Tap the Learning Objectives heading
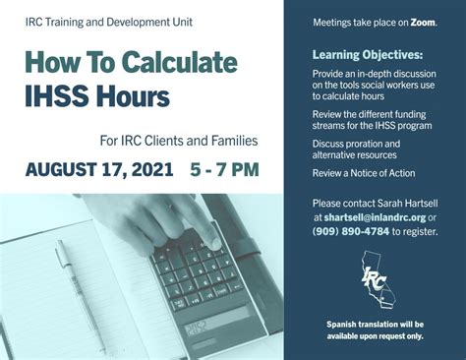point(369,54)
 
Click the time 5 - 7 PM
point(224,169)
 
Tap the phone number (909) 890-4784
point(350,231)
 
